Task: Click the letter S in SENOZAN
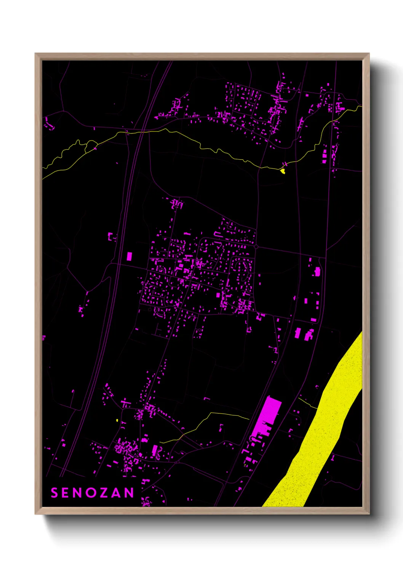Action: tap(54, 493)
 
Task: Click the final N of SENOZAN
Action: tap(130, 493)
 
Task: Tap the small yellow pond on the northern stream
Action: tap(283, 171)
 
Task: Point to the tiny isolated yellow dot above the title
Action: tap(117, 420)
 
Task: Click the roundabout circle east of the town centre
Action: tap(256, 247)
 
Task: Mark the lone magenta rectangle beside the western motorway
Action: tap(129, 256)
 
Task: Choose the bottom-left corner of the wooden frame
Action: tap(36, 513)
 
